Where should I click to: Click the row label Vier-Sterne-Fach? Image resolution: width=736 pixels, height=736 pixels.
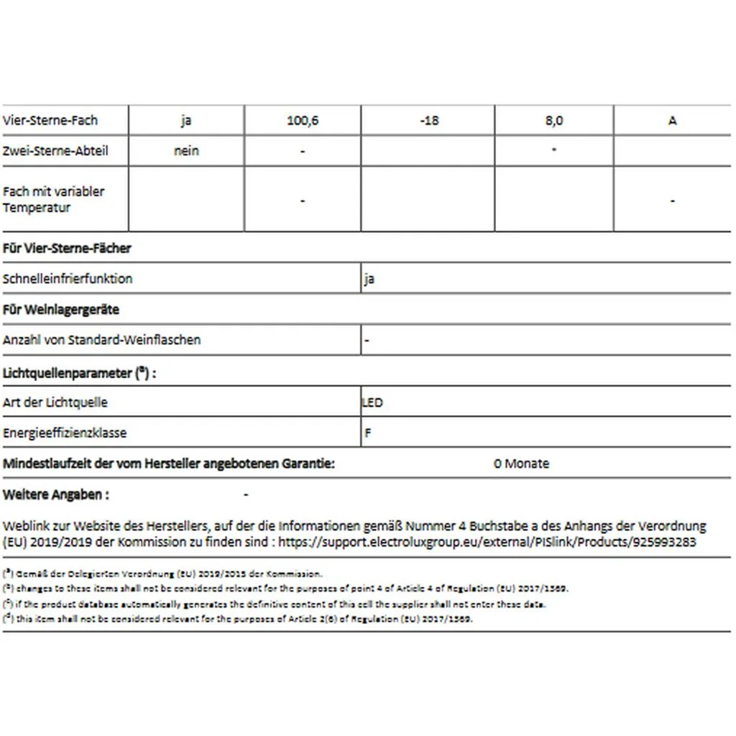click(50, 121)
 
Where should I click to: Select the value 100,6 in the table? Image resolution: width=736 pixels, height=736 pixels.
click(303, 121)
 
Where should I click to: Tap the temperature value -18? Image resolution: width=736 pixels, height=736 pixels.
click(428, 121)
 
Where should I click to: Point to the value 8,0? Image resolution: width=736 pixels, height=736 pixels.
click(554, 121)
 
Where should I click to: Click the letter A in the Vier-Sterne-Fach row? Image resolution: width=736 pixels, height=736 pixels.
click(673, 121)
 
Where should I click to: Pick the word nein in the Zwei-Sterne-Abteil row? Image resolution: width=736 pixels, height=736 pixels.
click(186, 151)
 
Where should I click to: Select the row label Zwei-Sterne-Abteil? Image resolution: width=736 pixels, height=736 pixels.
click(55, 151)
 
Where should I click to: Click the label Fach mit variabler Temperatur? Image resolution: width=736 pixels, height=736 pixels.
click(53, 200)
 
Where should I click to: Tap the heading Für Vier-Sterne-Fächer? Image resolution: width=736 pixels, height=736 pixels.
click(67, 248)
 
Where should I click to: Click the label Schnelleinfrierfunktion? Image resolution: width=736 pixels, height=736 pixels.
click(68, 279)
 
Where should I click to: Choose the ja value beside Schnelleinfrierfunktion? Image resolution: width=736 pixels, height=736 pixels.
click(369, 279)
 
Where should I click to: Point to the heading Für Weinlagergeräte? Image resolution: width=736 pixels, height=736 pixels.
click(61, 310)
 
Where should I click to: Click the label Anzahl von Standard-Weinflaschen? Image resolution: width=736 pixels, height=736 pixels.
click(102, 340)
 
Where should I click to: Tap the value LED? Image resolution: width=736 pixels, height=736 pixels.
click(372, 402)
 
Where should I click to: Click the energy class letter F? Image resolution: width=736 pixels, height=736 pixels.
click(368, 433)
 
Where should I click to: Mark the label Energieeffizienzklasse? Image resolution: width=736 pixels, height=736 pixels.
click(65, 433)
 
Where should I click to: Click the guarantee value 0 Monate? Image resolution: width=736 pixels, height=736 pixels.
click(521, 464)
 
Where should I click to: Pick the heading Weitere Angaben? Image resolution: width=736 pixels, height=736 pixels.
click(56, 494)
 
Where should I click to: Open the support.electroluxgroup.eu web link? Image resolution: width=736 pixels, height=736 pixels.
click(487, 543)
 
